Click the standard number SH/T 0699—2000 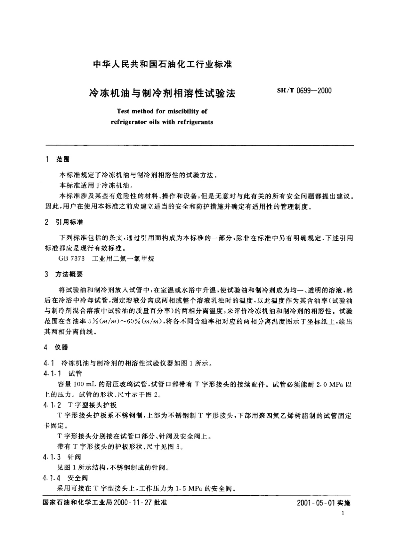point(304,91)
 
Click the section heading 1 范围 point(57,159)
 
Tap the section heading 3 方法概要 point(64,274)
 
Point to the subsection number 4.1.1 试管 point(63,374)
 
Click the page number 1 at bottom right point(343,514)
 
